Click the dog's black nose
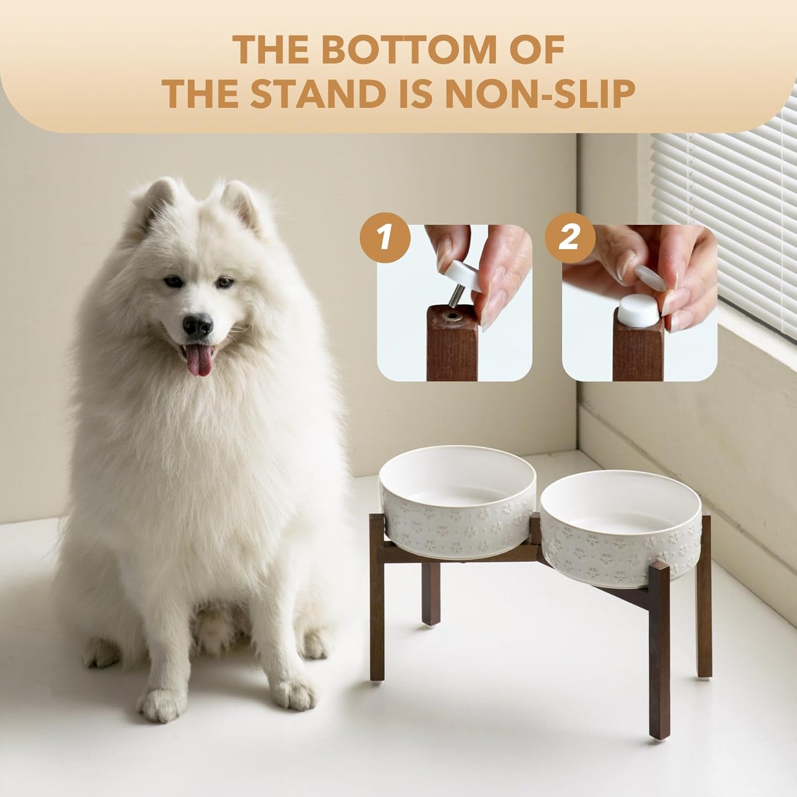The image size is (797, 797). click(x=197, y=325)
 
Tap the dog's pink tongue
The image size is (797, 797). click(x=199, y=361)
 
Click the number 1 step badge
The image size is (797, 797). click(x=385, y=238)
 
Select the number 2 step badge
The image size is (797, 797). click(x=570, y=238)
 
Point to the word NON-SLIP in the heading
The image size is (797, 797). click(x=539, y=94)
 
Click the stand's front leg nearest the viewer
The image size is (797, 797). click(x=659, y=651)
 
